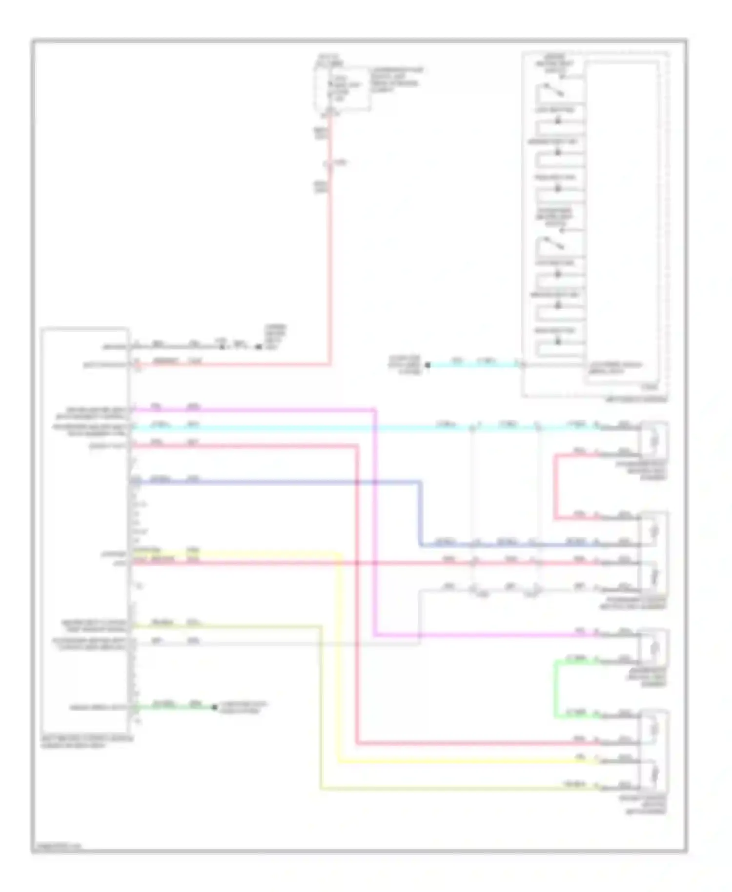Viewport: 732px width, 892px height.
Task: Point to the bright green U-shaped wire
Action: (556, 689)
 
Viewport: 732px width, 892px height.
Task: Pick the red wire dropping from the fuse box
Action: (330, 244)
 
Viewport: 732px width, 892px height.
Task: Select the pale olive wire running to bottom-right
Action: (321, 708)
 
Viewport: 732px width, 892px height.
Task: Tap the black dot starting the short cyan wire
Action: (428, 365)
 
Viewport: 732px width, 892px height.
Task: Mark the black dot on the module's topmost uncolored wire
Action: (259, 347)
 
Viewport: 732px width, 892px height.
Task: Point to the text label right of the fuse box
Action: (395, 80)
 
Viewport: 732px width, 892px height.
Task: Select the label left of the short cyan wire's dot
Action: (405, 365)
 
